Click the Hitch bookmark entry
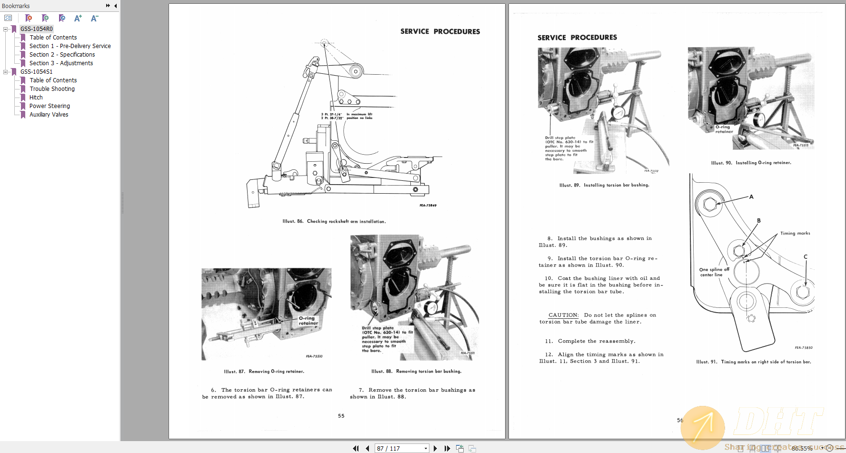[36, 98]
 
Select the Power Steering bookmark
[50, 106]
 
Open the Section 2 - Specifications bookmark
[62, 55]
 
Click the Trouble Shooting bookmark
[52, 89]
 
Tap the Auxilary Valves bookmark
[49, 115]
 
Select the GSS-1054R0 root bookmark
[36, 29]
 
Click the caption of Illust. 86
[334, 221]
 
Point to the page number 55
[341, 416]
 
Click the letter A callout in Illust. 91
[751, 197]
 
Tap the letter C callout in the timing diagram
[806, 256]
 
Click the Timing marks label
[795, 233]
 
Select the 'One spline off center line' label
[714, 272]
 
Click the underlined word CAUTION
[563, 315]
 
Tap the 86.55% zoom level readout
[802, 448]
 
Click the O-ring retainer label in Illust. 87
[308, 321]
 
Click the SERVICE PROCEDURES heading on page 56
[577, 38]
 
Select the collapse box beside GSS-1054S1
[6, 72]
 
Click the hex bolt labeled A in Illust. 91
[709, 205]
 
